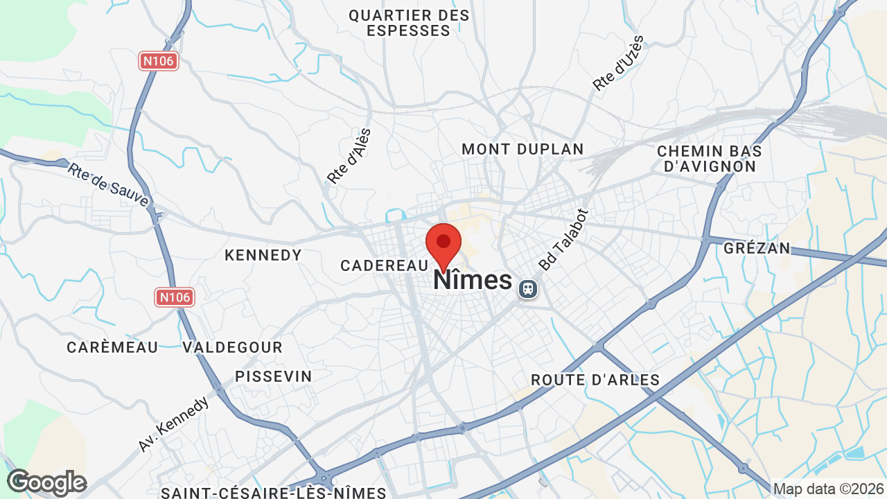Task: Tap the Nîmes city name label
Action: click(473, 281)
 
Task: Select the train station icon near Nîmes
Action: click(527, 288)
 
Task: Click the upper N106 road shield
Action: click(159, 61)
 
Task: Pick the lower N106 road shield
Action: click(174, 297)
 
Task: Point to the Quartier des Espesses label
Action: click(409, 23)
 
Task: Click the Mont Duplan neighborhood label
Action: click(522, 149)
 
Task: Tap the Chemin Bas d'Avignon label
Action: click(710, 159)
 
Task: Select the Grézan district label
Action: click(757, 248)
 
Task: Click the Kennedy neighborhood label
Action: click(263, 255)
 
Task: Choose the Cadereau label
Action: click(385, 265)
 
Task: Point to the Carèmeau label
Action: click(112, 347)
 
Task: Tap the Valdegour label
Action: click(233, 347)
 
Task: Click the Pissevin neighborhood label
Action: click(274, 376)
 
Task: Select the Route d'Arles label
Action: click(595, 380)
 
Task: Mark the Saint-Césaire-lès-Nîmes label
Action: click(274, 493)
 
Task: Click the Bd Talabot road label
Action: click(564, 240)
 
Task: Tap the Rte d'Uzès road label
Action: click(619, 63)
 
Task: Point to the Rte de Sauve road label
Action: click(108, 184)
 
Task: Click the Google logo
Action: click(46, 482)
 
